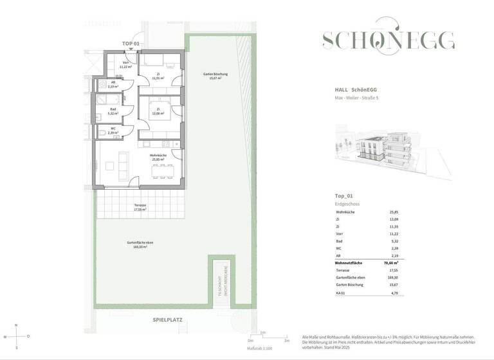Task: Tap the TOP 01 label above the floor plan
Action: [131, 44]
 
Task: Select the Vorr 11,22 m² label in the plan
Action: [125, 64]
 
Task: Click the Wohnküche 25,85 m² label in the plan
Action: [158, 157]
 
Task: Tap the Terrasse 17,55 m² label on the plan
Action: [140, 207]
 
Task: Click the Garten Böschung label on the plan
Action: [215, 76]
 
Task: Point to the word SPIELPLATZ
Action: [169, 319]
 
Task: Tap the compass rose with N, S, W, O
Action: [17, 337]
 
